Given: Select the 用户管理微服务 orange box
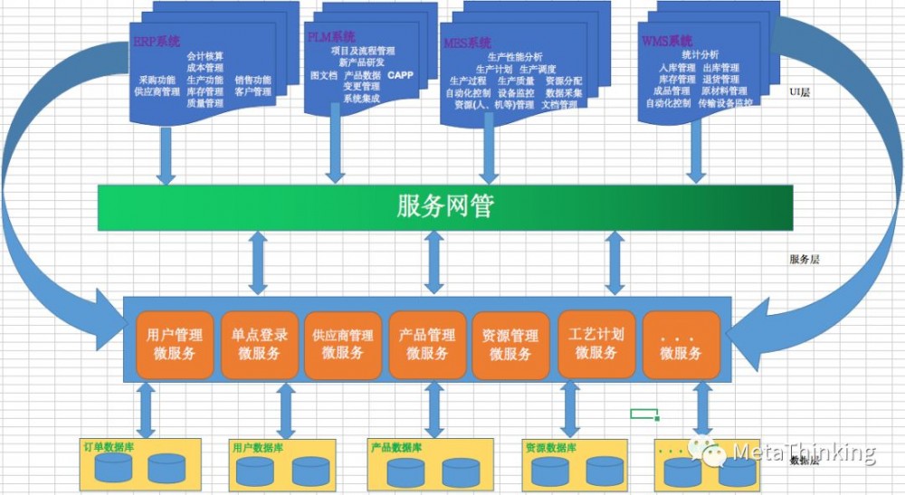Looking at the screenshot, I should [175, 344].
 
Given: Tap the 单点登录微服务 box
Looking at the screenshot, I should [259, 344].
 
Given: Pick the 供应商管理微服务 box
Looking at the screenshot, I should [342, 345].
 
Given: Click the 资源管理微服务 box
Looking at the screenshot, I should [510, 345].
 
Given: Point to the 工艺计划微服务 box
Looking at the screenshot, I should [595, 343].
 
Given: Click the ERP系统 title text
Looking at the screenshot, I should [157, 42].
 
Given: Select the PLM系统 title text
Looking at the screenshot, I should [331, 37].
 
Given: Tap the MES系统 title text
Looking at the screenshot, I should [468, 43].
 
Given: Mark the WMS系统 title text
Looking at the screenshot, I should [666, 41].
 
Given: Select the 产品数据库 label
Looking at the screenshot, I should [396, 447].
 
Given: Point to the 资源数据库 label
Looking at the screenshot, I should [551, 447].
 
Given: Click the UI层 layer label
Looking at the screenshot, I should [799, 91].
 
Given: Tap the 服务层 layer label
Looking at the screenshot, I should [804, 259].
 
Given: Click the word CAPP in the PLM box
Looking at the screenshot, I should [400, 75].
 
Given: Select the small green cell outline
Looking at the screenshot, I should [643, 414].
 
